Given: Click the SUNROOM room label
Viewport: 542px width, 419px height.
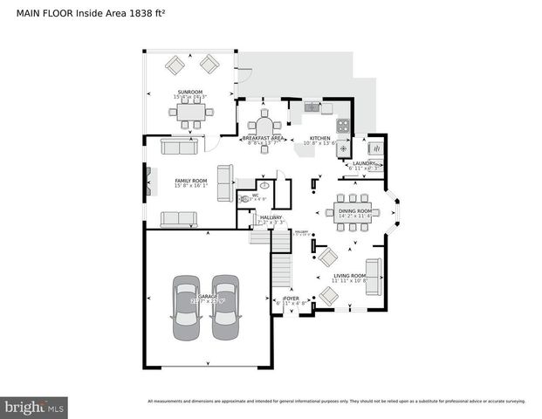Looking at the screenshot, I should [190, 91].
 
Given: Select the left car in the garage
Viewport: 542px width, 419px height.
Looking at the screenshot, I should [185, 308].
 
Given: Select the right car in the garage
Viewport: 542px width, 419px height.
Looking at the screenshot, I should [225, 308].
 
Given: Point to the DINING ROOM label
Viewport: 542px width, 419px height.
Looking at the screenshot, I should [354, 210].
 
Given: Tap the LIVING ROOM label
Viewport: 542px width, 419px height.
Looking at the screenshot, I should [353, 276].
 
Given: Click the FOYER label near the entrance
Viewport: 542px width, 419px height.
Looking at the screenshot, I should [292, 299].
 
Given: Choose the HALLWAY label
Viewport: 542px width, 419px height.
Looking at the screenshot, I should [271, 217].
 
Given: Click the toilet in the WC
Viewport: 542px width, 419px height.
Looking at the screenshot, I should [246, 199].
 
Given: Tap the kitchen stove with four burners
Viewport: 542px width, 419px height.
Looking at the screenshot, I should [343, 125].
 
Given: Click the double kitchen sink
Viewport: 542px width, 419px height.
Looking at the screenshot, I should [312, 107].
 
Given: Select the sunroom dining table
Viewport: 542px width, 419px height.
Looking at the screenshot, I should [190, 112].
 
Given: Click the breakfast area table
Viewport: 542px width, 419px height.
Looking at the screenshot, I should [264, 121].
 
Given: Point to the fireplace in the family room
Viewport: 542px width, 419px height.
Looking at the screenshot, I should [149, 182].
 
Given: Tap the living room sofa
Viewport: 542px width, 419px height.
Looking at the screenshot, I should [374, 277].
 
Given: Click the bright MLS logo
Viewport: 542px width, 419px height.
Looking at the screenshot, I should [35, 407].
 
